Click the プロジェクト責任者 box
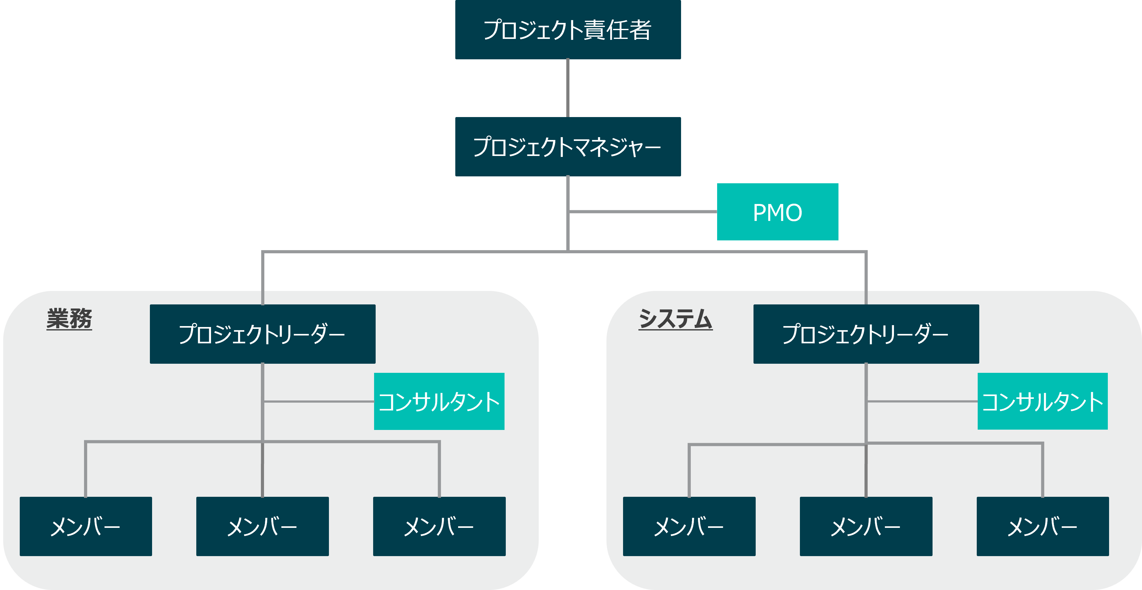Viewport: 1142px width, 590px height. point(568,30)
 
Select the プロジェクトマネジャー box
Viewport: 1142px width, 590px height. point(568,147)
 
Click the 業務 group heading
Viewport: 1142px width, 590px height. point(69,319)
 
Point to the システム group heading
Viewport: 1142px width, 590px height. point(675,319)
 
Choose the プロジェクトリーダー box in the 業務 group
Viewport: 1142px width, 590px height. point(262,334)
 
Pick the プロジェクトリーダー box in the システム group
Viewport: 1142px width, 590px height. point(866,334)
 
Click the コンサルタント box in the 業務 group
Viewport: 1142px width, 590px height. point(439,401)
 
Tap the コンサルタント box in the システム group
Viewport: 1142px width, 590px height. point(1042,401)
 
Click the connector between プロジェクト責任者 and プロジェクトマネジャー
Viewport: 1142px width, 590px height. point(568,88)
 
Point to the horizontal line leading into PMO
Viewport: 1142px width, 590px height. point(643,212)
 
